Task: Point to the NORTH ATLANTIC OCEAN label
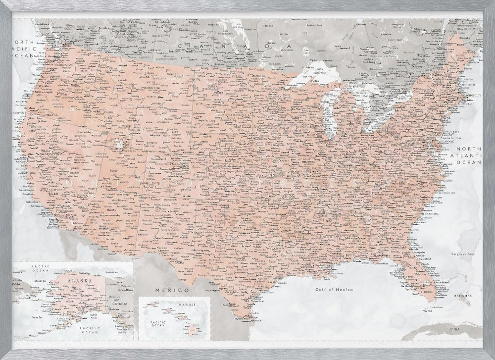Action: click(x=468, y=155)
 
